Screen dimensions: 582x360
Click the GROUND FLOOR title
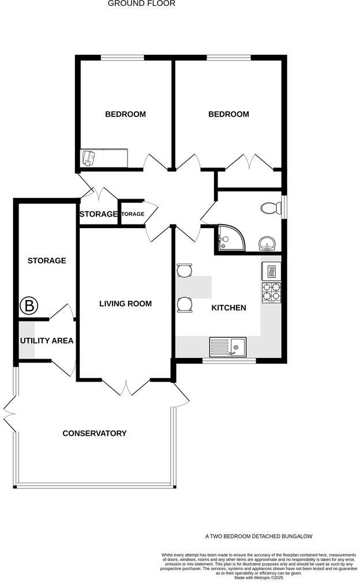141,3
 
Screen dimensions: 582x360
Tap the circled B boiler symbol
28,305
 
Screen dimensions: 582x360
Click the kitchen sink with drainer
228,347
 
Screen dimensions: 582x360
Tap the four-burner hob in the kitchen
272,292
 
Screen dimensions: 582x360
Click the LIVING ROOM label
125,304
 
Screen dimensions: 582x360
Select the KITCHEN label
229,308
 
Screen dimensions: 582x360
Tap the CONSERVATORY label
95,434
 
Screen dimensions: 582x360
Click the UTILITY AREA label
47,341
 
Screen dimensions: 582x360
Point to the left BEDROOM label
125,114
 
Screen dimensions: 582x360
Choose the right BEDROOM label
228,114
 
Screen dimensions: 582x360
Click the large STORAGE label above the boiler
47,261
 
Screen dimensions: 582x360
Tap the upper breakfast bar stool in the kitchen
184,270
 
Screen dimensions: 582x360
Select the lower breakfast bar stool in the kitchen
184,304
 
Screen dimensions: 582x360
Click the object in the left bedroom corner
88,158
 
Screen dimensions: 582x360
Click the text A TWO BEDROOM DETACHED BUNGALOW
258,536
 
